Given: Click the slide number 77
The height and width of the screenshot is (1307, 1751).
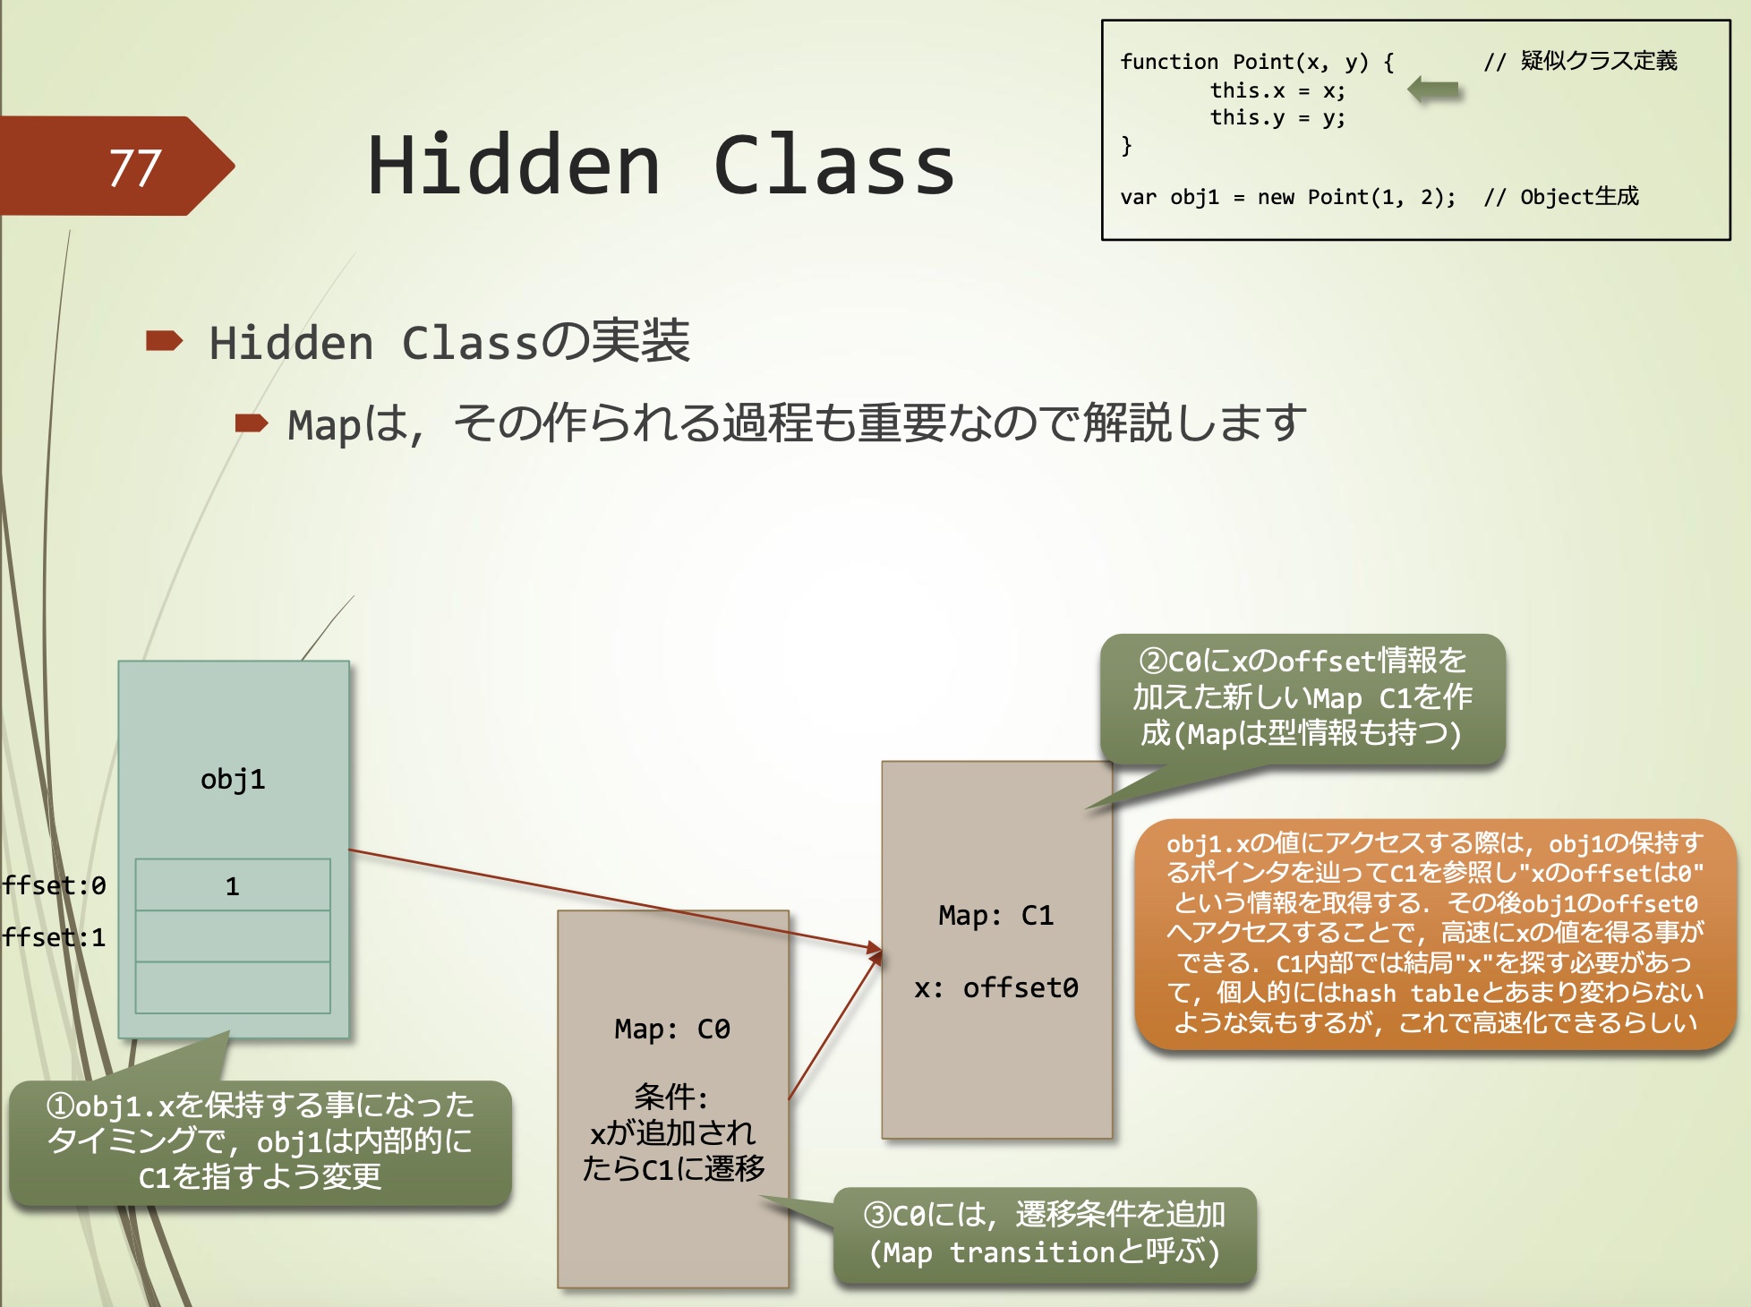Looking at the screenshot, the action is [x=134, y=167].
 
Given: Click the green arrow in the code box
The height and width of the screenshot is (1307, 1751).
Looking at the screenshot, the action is [x=1433, y=90].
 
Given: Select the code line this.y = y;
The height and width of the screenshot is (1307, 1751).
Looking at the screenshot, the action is [x=1277, y=117].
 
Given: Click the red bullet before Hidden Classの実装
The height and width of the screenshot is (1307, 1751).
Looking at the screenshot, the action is [x=164, y=341].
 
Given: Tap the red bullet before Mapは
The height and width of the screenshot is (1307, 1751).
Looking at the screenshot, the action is [x=251, y=423].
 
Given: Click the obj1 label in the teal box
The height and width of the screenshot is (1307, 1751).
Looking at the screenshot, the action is [x=233, y=779].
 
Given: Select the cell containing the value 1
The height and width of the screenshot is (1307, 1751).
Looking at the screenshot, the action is [x=233, y=885].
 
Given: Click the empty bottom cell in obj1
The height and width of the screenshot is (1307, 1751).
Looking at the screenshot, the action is [x=233, y=987].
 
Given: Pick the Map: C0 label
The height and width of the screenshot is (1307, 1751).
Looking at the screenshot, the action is [x=671, y=1029].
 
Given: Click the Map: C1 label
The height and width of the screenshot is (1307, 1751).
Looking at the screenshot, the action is [x=995, y=915].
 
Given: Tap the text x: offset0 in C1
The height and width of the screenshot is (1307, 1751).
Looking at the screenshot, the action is [x=995, y=987].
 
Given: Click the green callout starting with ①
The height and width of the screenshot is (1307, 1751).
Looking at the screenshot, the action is [x=260, y=1141].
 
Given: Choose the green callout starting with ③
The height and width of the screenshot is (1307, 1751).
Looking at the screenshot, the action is [x=1044, y=1234].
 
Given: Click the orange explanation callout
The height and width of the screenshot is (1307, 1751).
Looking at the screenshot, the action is [x=1435, y=933].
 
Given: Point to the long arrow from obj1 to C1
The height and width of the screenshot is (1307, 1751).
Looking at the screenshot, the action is [x=609, y=898].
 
